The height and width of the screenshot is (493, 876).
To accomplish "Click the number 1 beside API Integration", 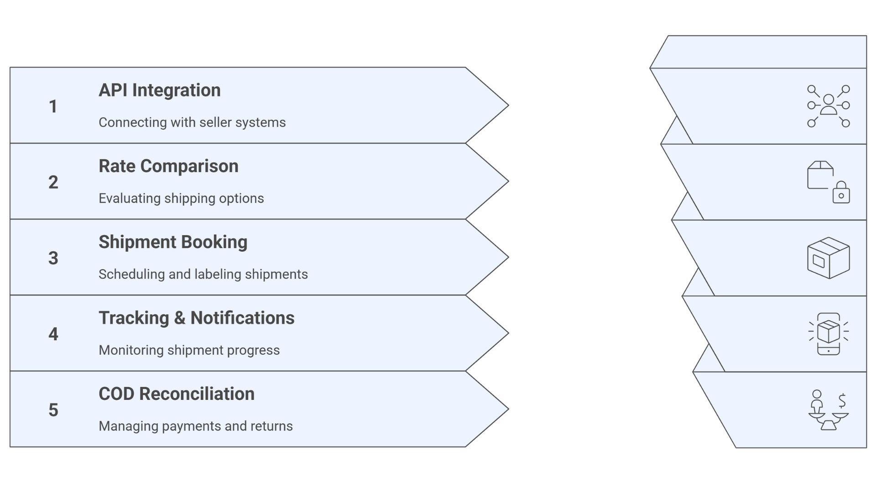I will coord(53,106).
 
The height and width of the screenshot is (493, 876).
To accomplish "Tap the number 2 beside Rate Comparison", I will coord(53,183).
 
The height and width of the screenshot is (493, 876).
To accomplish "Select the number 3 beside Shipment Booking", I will coord(53,258).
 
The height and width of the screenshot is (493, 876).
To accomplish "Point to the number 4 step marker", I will coord(53,334).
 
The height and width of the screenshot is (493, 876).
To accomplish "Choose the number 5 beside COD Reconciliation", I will coord(53,410).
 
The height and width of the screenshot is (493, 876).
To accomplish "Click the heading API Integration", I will coord(160,90).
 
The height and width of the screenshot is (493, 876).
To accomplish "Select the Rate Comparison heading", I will coord(168,166).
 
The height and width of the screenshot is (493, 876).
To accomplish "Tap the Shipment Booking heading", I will coord(173,242).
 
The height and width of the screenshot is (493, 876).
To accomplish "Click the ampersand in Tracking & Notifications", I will coord(180,318).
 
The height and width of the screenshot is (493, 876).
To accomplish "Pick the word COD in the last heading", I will coord(116,394).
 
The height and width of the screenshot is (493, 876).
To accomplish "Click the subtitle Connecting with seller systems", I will coord(192,122).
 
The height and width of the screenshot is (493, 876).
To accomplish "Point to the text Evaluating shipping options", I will coord(181,199).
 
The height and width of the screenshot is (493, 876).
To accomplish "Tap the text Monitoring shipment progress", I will coord(189,350).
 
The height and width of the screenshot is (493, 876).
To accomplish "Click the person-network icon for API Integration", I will coord(828,106).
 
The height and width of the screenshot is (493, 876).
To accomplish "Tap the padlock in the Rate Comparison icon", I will coord(841,193).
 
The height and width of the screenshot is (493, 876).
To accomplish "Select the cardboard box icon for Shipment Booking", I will coord(828,258).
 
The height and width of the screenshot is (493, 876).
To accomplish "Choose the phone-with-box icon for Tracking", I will coord(828,334).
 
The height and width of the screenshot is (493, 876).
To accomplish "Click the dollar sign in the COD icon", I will coord(842,400).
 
